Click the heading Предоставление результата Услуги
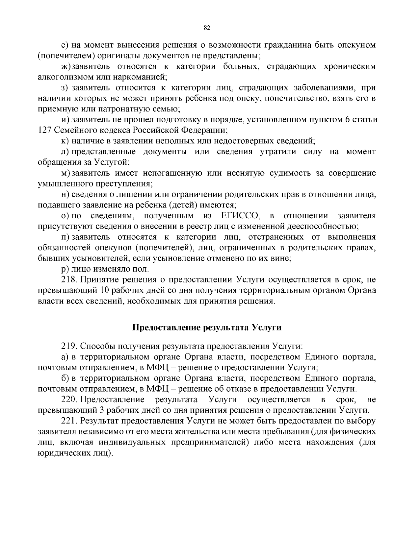[x=207, y=328]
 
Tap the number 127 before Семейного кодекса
[x=44, y=131]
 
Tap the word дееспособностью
[x=322, y=227]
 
